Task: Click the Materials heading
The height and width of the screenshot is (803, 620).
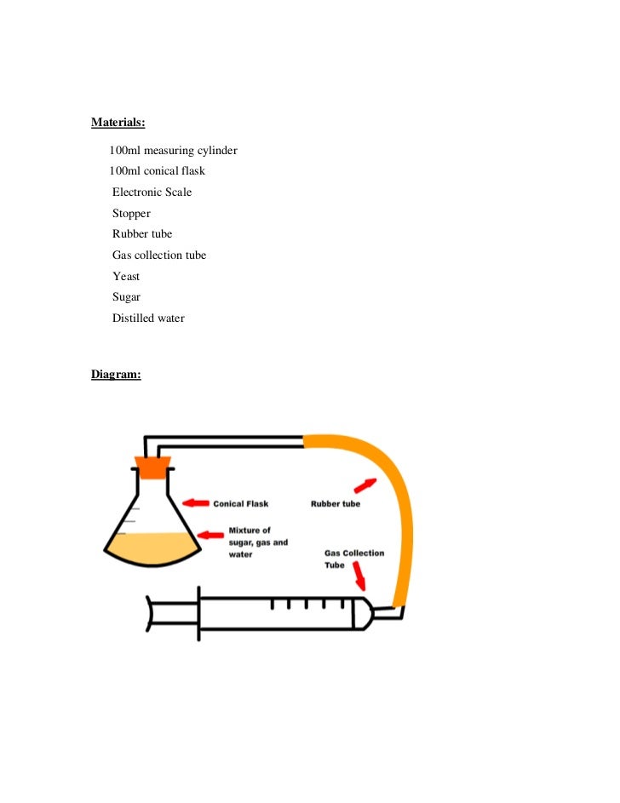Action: pyautogui.click(x=118, y=123)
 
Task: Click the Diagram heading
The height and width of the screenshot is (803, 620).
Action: pyautogui.click(x=116, y=374)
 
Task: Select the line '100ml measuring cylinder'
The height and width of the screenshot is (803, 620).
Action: pyautogui.click(x=173, y=151)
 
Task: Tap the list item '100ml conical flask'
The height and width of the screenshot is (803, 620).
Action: pyautogui.click(x=157, y=171)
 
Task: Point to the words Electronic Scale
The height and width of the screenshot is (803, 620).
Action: pyautogui.click(x=152, y=192)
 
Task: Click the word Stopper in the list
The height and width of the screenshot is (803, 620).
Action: pyautogui.click(x=131, y=214)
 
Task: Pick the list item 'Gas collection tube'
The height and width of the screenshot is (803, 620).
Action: pyautogui.click(x=159, y=255)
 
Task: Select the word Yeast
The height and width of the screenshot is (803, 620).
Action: pyautogui.click(x=126, y=277)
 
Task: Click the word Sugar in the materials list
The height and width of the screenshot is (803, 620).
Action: pyautogui.click(x=126, y=297)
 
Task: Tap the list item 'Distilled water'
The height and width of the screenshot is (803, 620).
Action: pyautogui.click(x=148, y=318)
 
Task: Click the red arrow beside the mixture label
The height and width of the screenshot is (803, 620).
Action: pyautogui.click(x=210, y=535)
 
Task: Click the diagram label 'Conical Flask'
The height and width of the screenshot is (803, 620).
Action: pyautogui.click(x=241, y=504)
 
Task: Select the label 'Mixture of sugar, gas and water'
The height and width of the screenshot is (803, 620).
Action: pyautogui.click(x=258, y=542)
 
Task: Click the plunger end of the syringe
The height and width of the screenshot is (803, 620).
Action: pyautogui.click(x=152, y=614)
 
